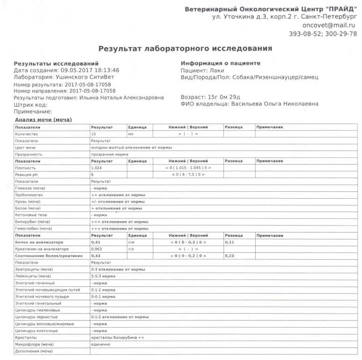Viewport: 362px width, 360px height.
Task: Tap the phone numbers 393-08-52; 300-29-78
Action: click(x=323, y=34)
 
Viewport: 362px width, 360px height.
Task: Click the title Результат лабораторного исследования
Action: click(x=185, y=48)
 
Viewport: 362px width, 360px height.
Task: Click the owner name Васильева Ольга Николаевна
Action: click(x=274, y=104)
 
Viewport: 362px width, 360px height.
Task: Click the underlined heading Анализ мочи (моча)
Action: click(x=43, y=120)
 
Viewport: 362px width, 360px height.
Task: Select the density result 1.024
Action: click(x=97, y=167)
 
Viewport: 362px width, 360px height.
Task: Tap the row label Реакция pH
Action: click(x=26, y=174)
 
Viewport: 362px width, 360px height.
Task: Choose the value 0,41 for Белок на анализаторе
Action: click(x=96, y=242)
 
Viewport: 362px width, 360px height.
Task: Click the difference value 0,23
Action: click(x=229, y=255)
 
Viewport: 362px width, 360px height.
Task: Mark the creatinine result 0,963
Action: click(x=97, y=249)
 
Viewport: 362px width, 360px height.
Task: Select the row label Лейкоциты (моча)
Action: click(x=34, y=276)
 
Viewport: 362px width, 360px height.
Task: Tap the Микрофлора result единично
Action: click(x=100, y=344)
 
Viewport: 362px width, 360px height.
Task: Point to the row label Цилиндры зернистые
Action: click(x=35, y=317)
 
